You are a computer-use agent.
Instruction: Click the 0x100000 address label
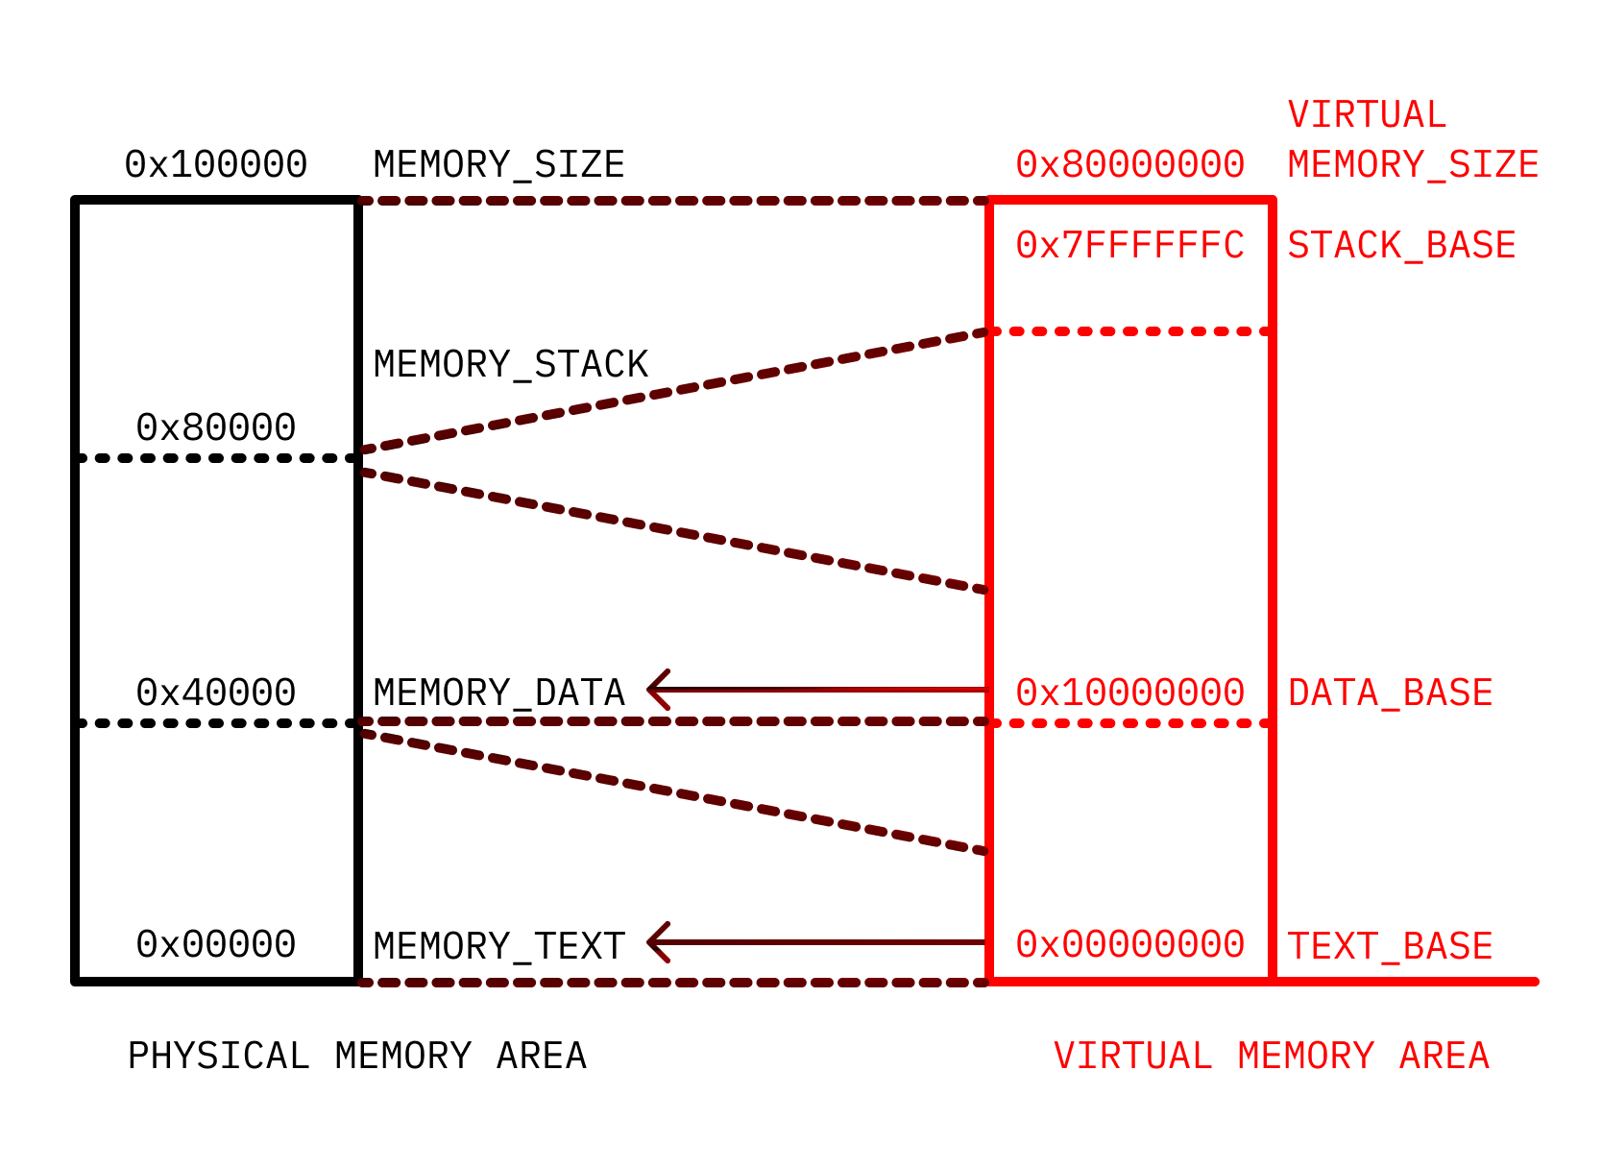[216, 164]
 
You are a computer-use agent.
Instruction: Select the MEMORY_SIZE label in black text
[498, 165]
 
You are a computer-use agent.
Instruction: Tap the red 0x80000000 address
[1129, 164]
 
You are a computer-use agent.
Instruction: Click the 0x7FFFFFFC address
[1129, 246]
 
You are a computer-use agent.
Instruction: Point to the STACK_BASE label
[1401, 246]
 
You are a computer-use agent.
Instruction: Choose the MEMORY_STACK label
[511, 365]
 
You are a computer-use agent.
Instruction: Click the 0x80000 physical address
[216, 427]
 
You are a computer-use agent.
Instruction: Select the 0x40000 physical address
[216, 693]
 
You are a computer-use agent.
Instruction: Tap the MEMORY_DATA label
[498, 693]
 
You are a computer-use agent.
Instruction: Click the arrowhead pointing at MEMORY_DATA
[656, 690]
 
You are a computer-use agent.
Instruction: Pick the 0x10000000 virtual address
[1129, 693]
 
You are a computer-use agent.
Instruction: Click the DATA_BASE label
[1390, 693]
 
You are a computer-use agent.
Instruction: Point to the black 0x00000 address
[216, 944]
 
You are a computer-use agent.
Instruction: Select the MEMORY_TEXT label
[498, 946]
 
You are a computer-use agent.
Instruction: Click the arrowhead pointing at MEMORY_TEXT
[656, 942]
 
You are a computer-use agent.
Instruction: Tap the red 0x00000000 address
[1129, 944]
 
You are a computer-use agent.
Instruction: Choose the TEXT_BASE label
[1390, 946]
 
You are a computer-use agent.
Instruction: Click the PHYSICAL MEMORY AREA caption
[356, 1056]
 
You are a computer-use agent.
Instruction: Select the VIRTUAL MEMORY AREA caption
[1271, 1056]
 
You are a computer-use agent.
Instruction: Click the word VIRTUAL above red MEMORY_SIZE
[1367, 115]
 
